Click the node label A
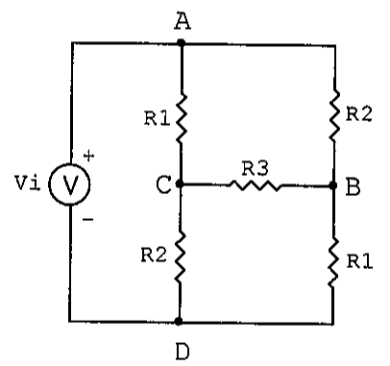click(x=183, y=21)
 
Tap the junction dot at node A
click(x=182, y=42)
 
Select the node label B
click(x=353, y=187)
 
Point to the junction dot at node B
click(x=333, y=185)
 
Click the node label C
click(x=163, y=185)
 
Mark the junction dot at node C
click(x=180, y=183)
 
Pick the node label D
click(x=183, y=352)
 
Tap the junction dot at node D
click(x=179, y=321)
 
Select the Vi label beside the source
click(x=28, y=183)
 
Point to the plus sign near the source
click(x=88, y=156)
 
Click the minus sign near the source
click(x=87, y=219)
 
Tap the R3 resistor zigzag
click(x=256, y=185)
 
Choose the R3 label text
click(x=256, y=169)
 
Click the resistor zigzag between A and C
click(x=182, y=118)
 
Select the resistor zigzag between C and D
click(x=181, y=257)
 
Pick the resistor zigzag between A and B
click(x=334, y=114)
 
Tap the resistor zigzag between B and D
click(x=333, y=262)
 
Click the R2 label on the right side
click(x=359, y=114)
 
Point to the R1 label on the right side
click(x=359, y=261)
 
